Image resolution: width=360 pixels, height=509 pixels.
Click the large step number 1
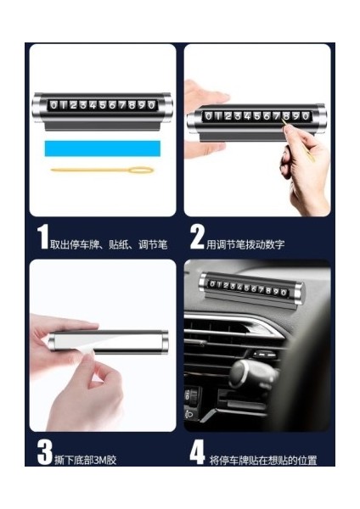(42, 237)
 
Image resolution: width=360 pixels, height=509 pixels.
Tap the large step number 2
(197, 237)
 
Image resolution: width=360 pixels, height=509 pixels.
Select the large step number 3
(44, 452)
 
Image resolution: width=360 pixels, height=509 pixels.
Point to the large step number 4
(197, 452)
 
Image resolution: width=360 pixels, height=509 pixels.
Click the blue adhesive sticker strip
(103, 148)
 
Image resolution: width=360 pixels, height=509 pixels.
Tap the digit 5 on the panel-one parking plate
(103, 105)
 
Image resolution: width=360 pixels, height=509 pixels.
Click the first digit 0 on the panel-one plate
(54, 105)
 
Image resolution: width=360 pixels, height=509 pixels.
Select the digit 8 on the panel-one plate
(132, 105)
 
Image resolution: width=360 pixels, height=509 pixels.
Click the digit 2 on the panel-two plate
(228, 116)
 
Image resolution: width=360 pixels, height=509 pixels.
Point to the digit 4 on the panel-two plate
(248, 116)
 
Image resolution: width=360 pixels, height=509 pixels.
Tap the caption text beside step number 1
(109, 244)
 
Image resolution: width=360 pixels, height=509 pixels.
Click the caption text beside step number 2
(245, 244)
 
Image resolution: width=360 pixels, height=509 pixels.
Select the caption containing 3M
(86, 460)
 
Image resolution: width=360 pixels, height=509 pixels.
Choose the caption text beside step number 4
(263, 461)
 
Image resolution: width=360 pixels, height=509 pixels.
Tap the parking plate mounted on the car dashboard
(252, 288)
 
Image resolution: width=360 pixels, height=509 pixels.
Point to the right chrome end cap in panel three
(164, 342)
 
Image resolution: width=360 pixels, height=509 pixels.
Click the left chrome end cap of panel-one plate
(37, 108)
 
